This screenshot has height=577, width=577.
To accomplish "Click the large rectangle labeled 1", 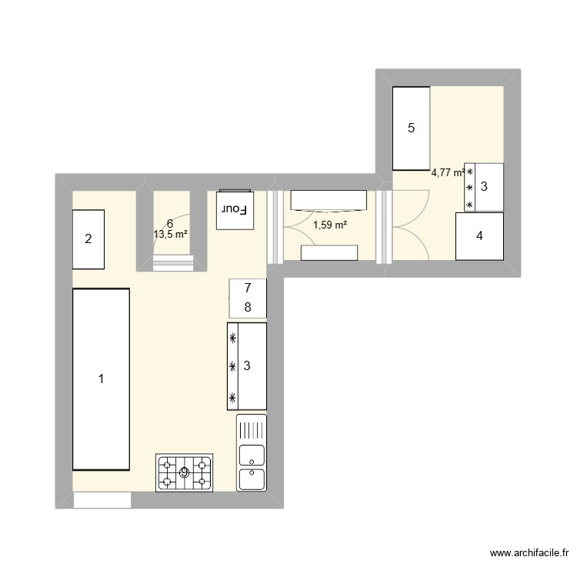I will [x=101, y=379].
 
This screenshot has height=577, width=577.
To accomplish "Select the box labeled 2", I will [x=88, y=239].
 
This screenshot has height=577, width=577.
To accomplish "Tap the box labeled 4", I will [x=480, y=236].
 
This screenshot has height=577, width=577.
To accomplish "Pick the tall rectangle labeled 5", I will [x=411, y=128].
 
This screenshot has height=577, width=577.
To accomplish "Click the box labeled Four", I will [x=235, y=209].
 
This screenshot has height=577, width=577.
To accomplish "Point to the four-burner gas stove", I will [x=185, y=472].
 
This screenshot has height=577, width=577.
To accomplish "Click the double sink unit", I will [x=252, y=453].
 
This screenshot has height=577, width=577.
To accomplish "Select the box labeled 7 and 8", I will [x=248, y=299].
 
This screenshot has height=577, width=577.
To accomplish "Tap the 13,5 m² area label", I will [x=171, y=234].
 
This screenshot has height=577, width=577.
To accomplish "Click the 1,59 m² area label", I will [x=329, y=225].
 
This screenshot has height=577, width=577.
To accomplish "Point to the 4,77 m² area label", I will [x=449, y=173].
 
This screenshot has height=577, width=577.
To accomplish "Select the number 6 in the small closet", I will [x=169, y=223].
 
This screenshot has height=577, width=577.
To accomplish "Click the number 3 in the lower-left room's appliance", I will [x=247, y=366].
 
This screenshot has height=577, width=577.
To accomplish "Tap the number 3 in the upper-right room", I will [x=484, y=186].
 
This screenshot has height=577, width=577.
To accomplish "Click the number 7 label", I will [x=248, y=289].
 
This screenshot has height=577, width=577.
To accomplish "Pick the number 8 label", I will [x=248, y=308].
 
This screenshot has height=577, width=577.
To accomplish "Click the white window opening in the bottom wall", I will [x=102, y=500].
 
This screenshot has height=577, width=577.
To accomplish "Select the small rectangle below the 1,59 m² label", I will [x=329, y=253].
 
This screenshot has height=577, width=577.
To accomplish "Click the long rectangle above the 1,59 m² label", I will [x=329, y=199].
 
